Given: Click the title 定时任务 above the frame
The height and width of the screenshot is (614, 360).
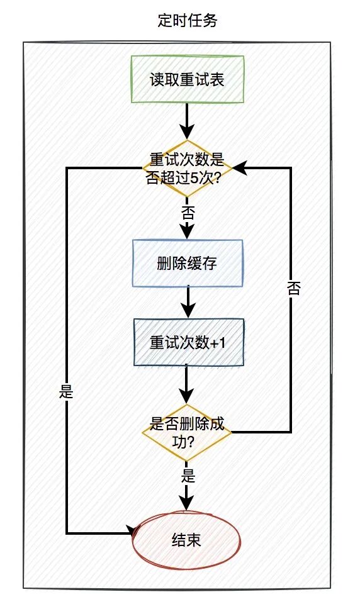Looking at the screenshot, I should (x=188, y=21).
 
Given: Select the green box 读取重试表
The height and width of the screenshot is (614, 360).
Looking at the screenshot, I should (x=187, y=79).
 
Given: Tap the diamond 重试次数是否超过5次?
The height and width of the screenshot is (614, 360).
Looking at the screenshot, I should (x=187, y=168).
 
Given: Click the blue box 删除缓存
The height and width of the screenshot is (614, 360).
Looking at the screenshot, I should (x=187, y=263).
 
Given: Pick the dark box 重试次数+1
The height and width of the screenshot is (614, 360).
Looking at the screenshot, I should (x=187, y=342).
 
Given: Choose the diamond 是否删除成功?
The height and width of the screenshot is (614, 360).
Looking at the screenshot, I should (x=187, y=432).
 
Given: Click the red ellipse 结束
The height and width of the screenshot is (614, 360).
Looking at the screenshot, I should (x=187, y=539).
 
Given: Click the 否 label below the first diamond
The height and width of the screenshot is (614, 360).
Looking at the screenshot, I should (x=188, y=211).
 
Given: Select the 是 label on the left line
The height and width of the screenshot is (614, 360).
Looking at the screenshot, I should (x=66, y=392).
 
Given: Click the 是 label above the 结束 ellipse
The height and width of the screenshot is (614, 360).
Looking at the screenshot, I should (x=188, y=475).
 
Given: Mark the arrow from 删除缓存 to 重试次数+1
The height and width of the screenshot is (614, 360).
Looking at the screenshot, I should (x=188, y=303).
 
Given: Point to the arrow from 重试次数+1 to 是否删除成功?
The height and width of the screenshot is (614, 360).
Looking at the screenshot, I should (x=188, y=384).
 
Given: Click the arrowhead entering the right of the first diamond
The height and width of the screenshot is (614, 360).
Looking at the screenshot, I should (x=239, y=168).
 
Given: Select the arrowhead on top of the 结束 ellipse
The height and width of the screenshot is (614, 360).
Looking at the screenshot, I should (x=188, y=503).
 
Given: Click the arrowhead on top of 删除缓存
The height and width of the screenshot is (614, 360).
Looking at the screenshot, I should (x=188, y=232).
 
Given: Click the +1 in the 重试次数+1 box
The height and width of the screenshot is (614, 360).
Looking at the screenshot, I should (x=217, y=343).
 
